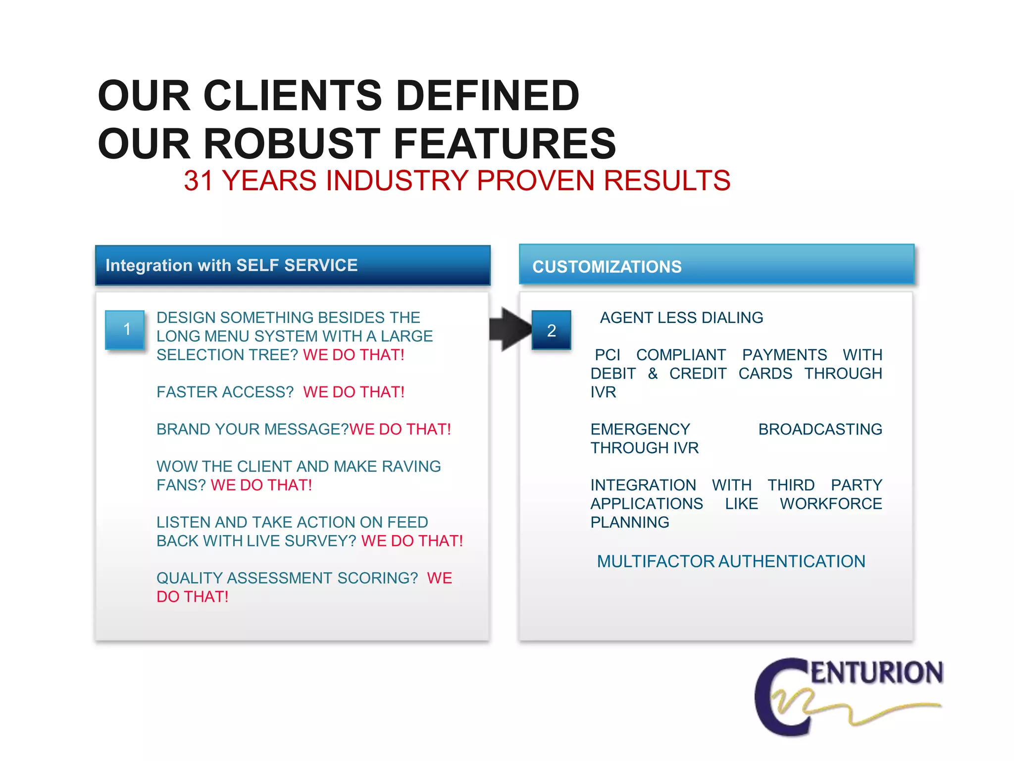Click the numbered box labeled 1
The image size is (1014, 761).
click(x=125, y=329)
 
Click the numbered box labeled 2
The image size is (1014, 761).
click(x=551, y=330)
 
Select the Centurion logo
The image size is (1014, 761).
click(x=848, y=696)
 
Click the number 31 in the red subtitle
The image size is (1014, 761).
click(x=198, y=181)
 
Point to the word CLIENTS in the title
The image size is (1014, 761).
click(x=292, y=96)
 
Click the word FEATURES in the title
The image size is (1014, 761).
click(x=505, y=144)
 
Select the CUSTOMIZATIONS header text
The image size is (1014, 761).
click(x=607, y=267)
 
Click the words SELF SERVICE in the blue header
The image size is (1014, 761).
click(x=297, y=266)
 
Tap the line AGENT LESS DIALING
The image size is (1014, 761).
click(x=681, y=318)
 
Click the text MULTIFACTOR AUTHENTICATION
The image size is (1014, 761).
click(x=731, y=562)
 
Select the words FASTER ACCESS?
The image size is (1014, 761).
click(x=225, y=392)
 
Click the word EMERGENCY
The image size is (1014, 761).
click(x=640, y=430)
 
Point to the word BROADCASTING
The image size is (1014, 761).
click(x=820, y=430)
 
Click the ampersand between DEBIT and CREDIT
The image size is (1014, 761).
click(x=653, y=374)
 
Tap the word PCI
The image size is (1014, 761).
click(x=607, y=355)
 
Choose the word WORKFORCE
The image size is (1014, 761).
click(x=830, y=504)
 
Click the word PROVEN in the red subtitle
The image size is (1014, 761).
click(x=535, y=181)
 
